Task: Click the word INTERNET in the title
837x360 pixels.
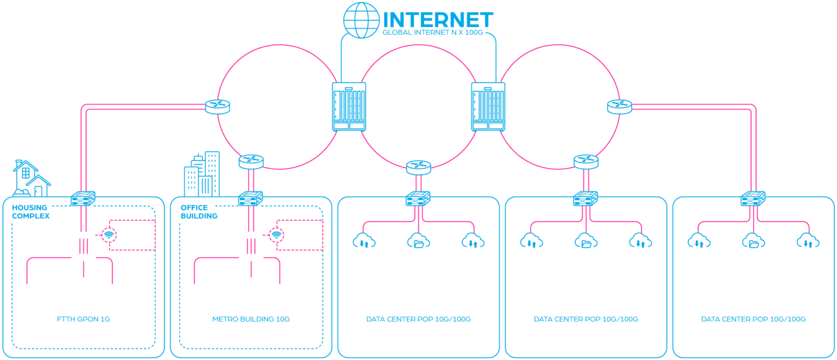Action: (438, 20)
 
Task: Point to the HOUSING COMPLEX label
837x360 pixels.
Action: (31, 212)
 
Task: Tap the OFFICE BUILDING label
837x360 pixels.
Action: (199, 212)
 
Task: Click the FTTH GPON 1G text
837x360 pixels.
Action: (83, 319)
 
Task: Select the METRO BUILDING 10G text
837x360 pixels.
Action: (251, 319)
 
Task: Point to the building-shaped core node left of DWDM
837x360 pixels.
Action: (349, 107)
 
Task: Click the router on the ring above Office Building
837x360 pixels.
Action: (251, 161)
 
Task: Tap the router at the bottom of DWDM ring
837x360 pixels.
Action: (418, 167)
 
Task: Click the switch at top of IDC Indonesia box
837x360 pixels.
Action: (754, 199)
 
